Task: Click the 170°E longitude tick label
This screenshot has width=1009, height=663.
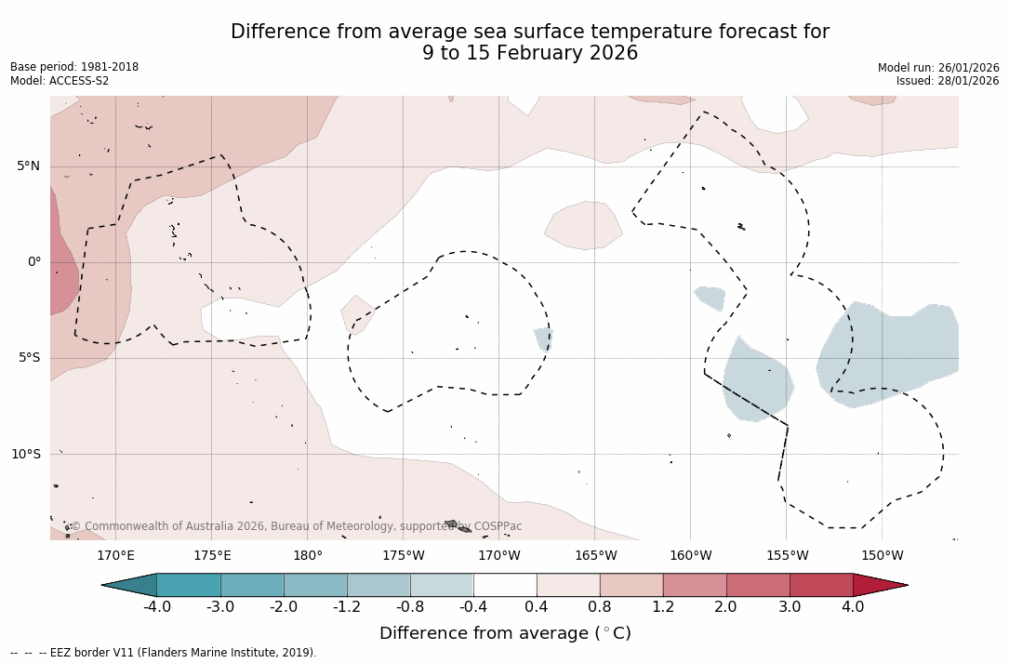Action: coord(115,556)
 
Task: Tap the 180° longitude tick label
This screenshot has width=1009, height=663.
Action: coord(308,556)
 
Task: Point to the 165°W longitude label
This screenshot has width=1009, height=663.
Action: coord(595,556)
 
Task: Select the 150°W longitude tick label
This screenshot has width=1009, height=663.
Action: coord(883,556)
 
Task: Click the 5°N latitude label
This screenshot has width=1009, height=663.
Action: coord(28,166)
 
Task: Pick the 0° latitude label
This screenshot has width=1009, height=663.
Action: coord(34,262)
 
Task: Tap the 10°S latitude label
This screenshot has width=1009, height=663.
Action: coord(25,454)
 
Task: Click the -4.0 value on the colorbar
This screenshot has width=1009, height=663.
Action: coord(156,607)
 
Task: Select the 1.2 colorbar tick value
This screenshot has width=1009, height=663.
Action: coord(663,607)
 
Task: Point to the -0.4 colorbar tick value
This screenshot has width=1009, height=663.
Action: coord(472,607)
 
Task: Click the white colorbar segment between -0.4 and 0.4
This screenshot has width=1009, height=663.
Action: coord(505,585)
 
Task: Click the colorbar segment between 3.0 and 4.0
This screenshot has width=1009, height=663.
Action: coord(821,585)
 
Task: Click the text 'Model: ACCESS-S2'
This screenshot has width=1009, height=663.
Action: coord(60,81)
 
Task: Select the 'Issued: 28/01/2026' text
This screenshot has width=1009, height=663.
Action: coord(948,81)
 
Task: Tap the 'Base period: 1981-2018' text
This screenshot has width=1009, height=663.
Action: coord(74,67)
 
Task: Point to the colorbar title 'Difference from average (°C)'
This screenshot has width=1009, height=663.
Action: coord(505,633)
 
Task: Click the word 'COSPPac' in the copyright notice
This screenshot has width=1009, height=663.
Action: coord(498,526)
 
